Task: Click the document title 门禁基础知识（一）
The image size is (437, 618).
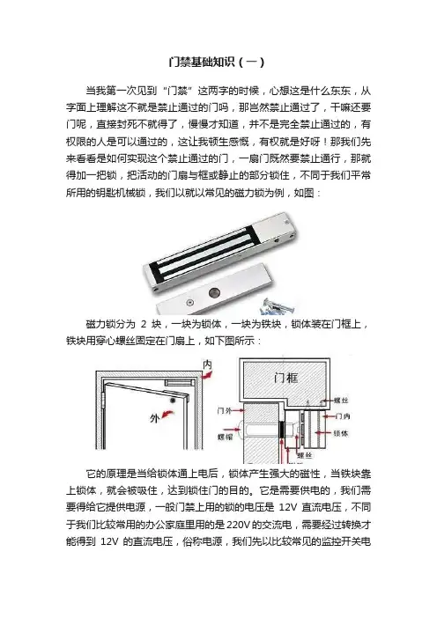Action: click(x=217, y=63)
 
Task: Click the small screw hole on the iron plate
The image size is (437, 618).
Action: click(x=190, y=303)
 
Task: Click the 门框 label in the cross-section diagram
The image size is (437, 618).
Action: click(x=285, y=378)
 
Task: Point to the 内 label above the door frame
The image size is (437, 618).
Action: click(x=207, y=364)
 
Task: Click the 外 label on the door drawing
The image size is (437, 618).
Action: click(x=154, y=418)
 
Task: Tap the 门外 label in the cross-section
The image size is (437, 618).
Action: click(x=225, y=411)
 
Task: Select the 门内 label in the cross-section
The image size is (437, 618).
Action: click(x=342, y=416)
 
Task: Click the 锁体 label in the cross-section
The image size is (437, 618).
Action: click(x=340, y=433)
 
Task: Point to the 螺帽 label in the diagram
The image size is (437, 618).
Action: click(x=226, y=437)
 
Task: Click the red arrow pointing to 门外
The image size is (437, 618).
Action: click(x=238, y=411)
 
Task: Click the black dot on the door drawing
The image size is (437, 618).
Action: click(x=173, y=401)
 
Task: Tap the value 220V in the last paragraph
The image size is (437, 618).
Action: click(x=238, y=525)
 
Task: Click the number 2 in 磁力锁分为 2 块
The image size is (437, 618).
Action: click(x=144, y=324)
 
